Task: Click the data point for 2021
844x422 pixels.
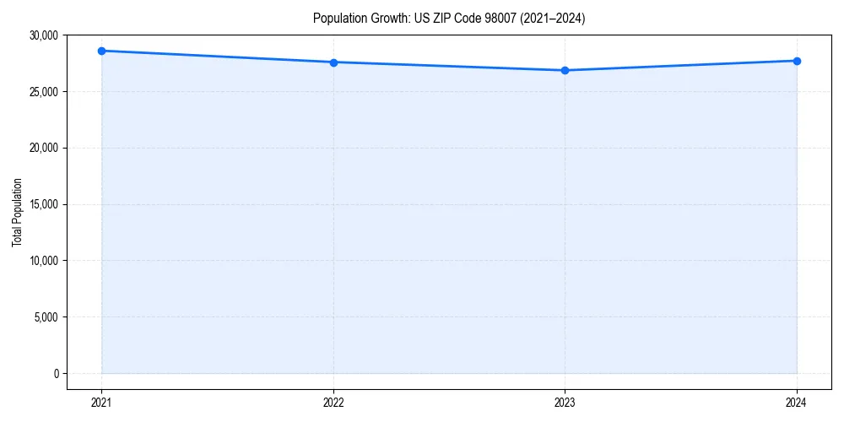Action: pyautogui.click(x=101, y=51)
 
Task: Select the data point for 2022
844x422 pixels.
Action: pyautogui.click(x=333, y=62)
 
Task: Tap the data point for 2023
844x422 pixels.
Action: pyautogui.click(x=565, y=70)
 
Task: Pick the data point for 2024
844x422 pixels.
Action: pyautogui.click(x=797, y=61)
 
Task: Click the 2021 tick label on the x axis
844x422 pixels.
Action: pyautogui.click(x=101, y=402)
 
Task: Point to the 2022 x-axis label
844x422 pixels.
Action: pyautogui.click(x=333, y=402)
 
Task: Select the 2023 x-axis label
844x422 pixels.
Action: pyautogui.click(x=565, y=402)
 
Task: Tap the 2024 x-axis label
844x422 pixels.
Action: pyautogui.click(x=797, y=402)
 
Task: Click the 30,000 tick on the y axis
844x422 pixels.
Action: pyautogui.click(x=42, y=35)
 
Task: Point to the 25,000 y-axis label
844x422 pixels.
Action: pyautogui.click(x=42, y=91)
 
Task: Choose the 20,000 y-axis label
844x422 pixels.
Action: pyautogui.click(x=42, y=148)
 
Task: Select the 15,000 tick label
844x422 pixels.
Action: pyautogui.click(x=42, y=204)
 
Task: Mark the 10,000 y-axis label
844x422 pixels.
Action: pyautogui.click(x=42, y=261)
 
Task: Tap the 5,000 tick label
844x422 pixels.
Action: pyautogui.click(x=45, y=317)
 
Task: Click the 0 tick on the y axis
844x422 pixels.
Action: pyautogui.click(x=55, y=373)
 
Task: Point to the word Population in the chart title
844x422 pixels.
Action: pyautogui.click(x=338, y=18)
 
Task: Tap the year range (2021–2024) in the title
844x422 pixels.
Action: pyautogui.click(x=549, y=18)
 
